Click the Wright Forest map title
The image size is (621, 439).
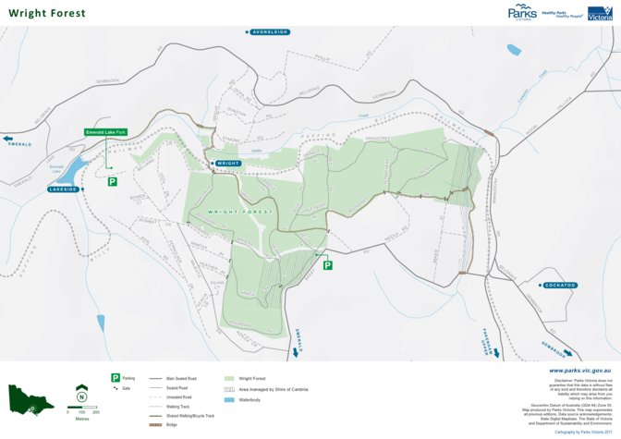click(x=47, y=13)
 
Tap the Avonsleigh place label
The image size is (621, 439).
click(x=270, y=31)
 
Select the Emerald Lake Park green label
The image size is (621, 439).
click(x=105, y=132)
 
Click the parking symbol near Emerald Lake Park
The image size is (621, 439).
click(x=112, y=181)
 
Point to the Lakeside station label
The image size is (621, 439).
click(x=65, y=189)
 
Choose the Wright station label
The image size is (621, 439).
click(x=227, y=164)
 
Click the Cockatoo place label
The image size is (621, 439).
click(x=560, y=285)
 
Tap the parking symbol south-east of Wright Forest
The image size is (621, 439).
click(x=327, y=265)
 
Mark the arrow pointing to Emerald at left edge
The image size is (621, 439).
click(x=8, y=140)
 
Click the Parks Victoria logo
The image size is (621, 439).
click(x=522, y=13)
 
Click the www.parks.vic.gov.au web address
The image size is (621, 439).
click(x=580, y=370)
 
